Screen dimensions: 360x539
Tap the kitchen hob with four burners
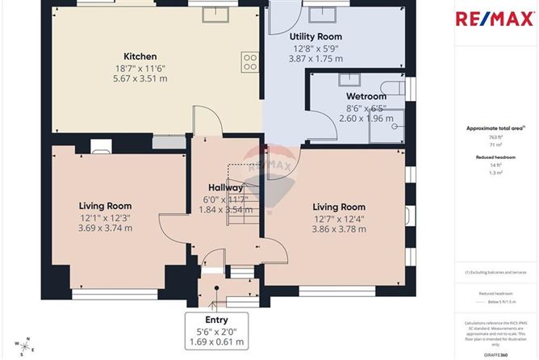[249, 63]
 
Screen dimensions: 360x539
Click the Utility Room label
[315, 36]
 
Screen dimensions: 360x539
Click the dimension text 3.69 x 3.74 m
[105, 228]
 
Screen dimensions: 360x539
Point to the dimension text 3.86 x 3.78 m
[339, 229]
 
